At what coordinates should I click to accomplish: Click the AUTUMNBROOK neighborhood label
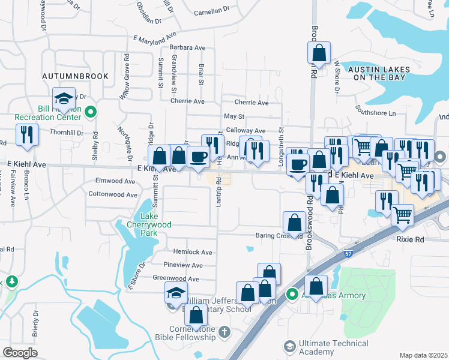tap(75, 76)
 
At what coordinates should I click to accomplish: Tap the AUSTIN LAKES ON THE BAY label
tap(379, 73)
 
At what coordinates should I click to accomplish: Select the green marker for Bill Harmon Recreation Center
tap(91, 111)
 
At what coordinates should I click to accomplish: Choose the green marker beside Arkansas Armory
tap(292, 295)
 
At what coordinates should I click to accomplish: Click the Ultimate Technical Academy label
tap(334, 347)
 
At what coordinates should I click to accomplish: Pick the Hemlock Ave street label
tap(193, 252)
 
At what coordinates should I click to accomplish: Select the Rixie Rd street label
tap(427, 239)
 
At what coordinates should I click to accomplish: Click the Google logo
tap(20, 353)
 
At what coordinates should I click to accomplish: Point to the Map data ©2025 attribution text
tap(423, 355)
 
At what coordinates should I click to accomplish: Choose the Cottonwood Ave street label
tap(113, 194)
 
